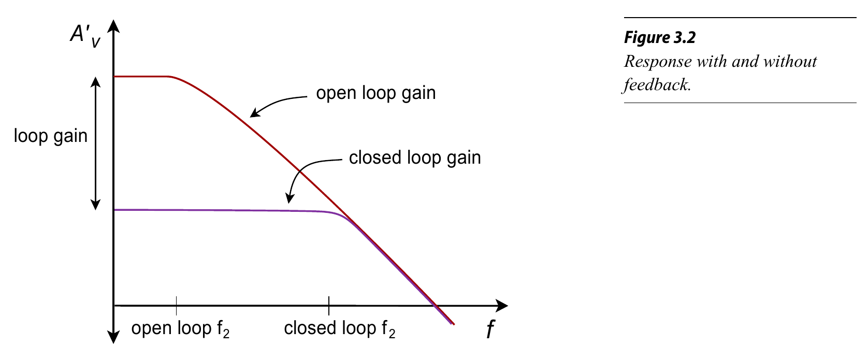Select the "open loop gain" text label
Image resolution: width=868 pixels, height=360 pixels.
pyautogui.click(x=376, y=93)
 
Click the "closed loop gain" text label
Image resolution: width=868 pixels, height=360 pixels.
pyautogui.click(x=415, y=157)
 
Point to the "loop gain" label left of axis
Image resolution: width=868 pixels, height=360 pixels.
pyautogui.click(x=50, y=136)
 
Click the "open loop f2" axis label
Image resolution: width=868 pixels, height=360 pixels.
pyautogui.click(x=180, y=329)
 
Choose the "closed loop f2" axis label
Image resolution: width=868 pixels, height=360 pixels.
pyautogui.click(x=339, y=329)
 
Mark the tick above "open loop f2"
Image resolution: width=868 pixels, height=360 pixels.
pyautogui.click(x=177, y=306)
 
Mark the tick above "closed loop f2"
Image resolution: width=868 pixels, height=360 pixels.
pyautogui.click(x=329, y=306)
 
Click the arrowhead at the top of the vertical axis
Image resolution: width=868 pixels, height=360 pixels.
pyautogui.click(x=113, y=26)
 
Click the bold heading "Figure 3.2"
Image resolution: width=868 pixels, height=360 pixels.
pyautogui.click(x=660, y=37)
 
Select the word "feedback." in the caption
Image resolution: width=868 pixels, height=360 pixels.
pyautogui.click(x=657, y=84)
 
